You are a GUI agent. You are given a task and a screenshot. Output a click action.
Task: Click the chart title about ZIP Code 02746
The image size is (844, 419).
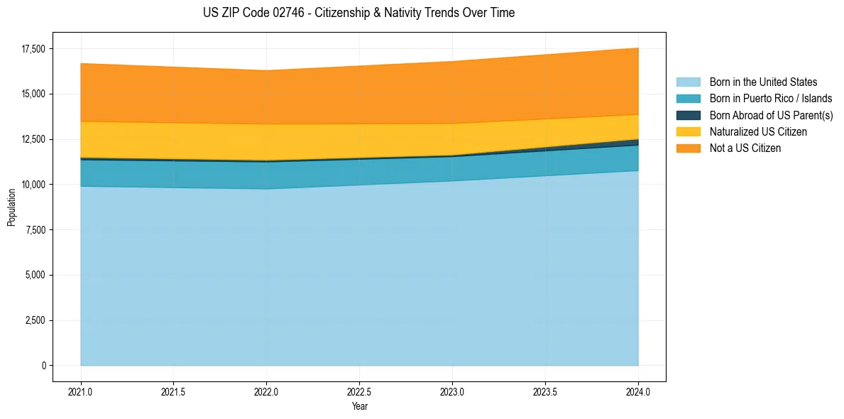[358, 13]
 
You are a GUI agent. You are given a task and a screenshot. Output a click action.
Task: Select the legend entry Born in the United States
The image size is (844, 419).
[763, 82]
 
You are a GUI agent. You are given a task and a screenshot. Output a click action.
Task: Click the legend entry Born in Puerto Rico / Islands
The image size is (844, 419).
[770, 99]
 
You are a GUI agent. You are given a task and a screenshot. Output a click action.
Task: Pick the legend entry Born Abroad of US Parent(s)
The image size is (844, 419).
[771, 115]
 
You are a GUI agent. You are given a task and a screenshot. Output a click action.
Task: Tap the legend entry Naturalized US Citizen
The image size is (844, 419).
[758, 131]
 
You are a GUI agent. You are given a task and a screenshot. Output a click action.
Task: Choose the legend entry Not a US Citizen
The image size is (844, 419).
[745, 148]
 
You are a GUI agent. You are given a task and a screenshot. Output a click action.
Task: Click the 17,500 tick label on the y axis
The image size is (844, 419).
[33, 49]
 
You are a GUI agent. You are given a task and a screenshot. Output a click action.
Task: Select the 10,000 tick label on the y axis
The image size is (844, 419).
[33, 185]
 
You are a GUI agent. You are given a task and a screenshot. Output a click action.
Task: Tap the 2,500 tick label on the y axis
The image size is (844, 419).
[35, 320]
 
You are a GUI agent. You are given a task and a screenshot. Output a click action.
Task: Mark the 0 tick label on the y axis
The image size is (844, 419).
[43, 366]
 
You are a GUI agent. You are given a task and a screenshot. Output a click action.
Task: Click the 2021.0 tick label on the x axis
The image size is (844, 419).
[81, 391]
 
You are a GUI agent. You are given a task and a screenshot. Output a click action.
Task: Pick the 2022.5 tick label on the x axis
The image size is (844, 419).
[359, 391]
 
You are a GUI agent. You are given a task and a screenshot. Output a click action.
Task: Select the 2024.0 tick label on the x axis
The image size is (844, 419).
[638, 391]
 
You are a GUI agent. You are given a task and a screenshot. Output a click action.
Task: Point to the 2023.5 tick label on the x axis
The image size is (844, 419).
[545, 391]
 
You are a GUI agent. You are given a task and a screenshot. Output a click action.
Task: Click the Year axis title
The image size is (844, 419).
[359, 407]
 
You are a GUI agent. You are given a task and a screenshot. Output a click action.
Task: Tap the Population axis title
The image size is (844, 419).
[11, 207]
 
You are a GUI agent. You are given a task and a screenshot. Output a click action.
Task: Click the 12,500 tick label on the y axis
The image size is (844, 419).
[33, 139]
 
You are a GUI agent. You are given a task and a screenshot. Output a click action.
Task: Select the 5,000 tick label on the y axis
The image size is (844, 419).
[35, 276]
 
